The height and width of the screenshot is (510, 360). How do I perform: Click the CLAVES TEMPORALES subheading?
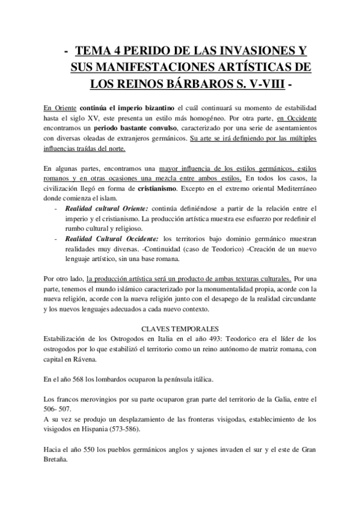(180, 330)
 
